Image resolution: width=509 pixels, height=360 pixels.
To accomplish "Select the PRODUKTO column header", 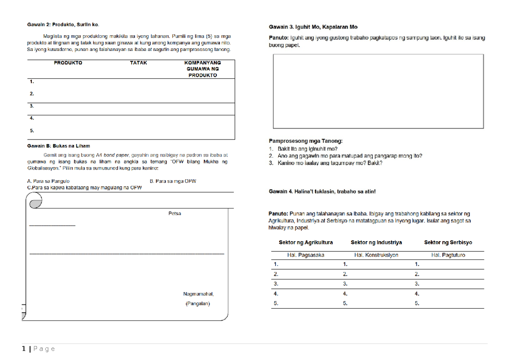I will click(x=68, y=63).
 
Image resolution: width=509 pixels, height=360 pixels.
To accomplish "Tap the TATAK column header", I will click(x=138, y=63).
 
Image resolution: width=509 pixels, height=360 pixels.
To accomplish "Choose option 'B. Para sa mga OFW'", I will click(x=173, y=181).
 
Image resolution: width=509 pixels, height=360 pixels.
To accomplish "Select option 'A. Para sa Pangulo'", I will click(x=48, y=181).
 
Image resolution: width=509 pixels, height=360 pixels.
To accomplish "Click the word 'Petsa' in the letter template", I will click(x=174, y=214).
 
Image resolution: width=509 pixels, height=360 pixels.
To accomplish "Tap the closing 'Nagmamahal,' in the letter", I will click(x=199, y=294).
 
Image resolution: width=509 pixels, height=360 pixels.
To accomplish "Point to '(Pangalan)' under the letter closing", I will click(x=198, y=304).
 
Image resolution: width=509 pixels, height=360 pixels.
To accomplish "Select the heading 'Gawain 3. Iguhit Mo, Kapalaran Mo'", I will click(x=313, y=27).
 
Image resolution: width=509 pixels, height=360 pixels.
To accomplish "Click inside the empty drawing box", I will click(x=378, y=91).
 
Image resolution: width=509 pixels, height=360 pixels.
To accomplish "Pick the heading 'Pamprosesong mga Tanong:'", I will click(x=305, y=141).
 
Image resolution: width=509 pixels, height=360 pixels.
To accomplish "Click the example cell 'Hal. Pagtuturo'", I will click(x=448, y=255).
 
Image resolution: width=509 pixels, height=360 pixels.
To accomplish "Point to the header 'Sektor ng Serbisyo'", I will click(x=448, y=243).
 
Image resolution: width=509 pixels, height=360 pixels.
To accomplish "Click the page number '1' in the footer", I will click(x=24, y=349).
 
